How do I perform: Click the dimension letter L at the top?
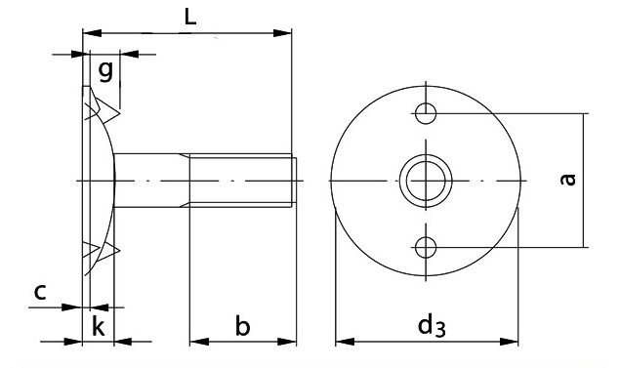pos(190,17)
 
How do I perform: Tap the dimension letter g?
pos(105,71)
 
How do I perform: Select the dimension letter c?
pos(40,292)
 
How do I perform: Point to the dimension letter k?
pos(99,327)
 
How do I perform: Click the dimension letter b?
pos(243,326)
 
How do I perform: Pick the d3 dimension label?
pos(432,326)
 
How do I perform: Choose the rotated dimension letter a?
pos(568,179)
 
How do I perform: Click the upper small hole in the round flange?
pos(426,113)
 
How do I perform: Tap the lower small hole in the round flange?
pos(426,247)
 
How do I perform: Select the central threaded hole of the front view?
pos(426,181)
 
